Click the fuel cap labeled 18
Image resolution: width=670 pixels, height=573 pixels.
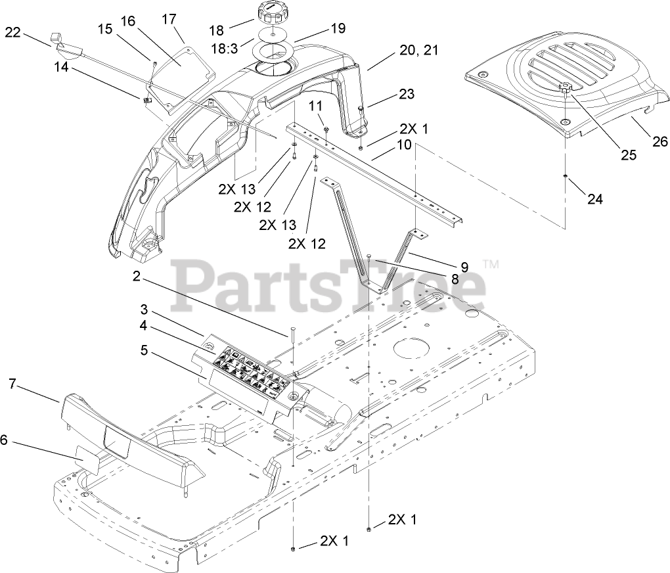point(269,13)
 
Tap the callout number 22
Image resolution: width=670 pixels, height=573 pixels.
point(13,32)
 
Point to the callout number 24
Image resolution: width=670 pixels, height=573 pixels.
point(594,198)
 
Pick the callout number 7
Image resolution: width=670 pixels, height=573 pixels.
point(11,383)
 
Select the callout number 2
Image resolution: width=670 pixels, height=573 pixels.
point(136,277)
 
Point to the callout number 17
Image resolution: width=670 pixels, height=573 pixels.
point(169,19)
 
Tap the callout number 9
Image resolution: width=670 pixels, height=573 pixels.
point(464,267)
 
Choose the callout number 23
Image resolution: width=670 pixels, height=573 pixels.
point(407,94)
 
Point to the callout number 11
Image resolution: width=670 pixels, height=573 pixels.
point(316,105)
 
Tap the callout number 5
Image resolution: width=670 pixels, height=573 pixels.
point(144,350)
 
